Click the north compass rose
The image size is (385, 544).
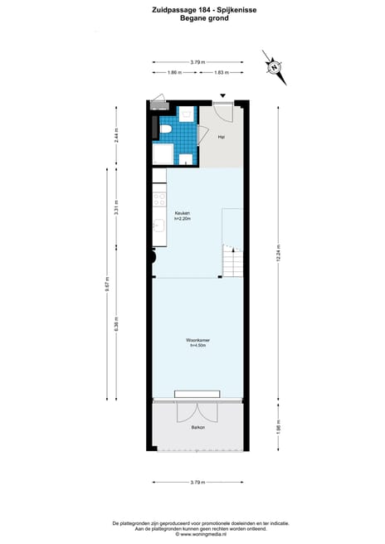273,66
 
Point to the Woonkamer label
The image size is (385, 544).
197,341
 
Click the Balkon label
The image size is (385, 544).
197,427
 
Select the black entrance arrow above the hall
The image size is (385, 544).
222,97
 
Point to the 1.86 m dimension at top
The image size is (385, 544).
174,73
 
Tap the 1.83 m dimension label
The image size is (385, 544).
221,73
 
